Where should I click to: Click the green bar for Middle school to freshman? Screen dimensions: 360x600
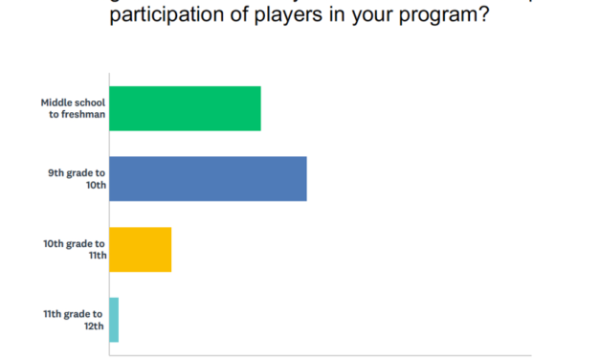185,108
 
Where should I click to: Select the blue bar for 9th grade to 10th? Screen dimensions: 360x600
208,179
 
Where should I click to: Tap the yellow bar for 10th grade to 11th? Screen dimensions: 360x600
141,250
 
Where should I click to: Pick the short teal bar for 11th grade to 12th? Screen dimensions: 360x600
114,320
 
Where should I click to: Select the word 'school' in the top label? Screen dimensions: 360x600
90,101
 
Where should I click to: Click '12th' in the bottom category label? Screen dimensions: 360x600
95,326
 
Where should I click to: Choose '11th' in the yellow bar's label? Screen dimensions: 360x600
95,256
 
